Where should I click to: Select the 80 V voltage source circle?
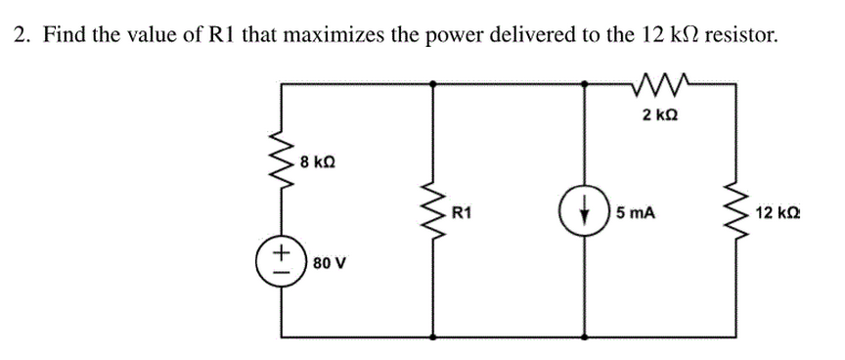pyautogui.click(x=282, y=262)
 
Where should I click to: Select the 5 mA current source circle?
pyautogui.click(x=585, y=211)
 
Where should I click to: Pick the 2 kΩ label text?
pyautogui.click(x=661, y=115)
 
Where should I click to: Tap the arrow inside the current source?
pyautogui.click(x=585, y=211)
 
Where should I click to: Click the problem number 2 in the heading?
pyautogui.click(x=20, y=36)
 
